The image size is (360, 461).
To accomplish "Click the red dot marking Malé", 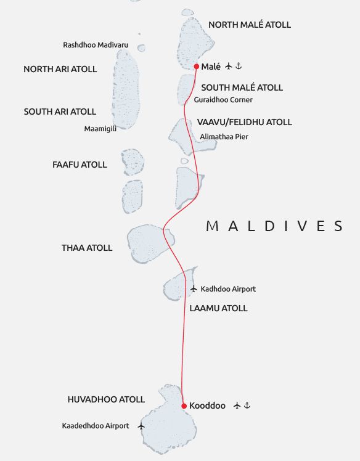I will pos(196,66).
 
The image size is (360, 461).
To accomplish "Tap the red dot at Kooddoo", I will pos(184,406).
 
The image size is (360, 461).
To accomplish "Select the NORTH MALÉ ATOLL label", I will pos(250,25).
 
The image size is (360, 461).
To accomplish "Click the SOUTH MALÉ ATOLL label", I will pos(242,88).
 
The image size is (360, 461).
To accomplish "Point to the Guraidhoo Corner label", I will pos(223,100).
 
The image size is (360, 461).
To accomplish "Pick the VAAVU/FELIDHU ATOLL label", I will pos(245,123).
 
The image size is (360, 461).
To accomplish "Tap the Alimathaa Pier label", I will pos(224,137).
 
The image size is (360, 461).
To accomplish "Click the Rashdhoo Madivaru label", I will pos(96,45).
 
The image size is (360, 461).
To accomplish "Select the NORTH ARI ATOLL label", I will pos(60,70).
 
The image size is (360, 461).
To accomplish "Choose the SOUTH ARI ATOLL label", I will pos(60,112).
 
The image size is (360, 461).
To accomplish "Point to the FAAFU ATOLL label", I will pos(80,165).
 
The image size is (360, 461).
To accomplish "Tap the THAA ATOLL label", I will pos(87,248).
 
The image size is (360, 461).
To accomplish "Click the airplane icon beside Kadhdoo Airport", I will pos(194,288).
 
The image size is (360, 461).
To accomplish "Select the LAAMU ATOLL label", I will pos(219,308).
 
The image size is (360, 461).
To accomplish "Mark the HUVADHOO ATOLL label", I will pos(106,400).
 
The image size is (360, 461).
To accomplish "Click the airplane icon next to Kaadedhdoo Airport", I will pos(141,426).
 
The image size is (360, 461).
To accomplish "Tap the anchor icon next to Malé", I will pos(240,66).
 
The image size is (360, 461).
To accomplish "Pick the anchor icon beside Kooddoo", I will pos(247,406).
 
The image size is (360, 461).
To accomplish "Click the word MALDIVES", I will pos(274,226).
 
